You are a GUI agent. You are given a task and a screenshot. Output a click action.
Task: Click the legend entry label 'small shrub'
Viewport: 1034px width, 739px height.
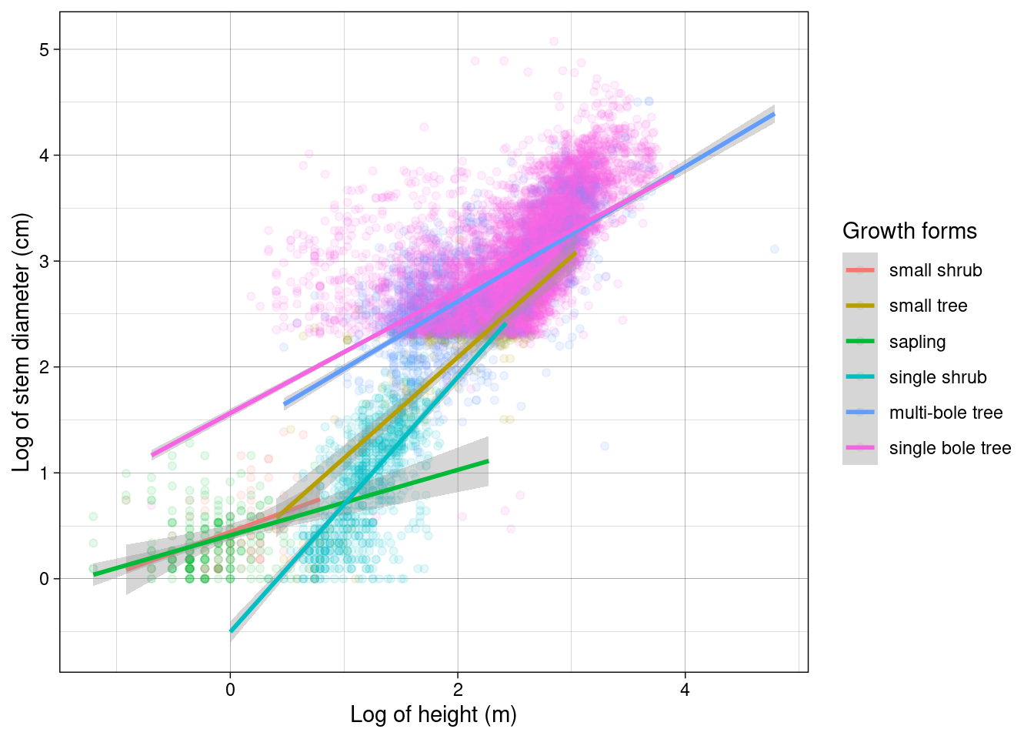pos(936,270)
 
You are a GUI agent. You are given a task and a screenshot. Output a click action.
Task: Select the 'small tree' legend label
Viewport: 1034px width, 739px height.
pos(928,306)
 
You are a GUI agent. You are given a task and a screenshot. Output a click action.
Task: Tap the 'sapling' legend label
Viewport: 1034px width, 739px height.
pos(917,342)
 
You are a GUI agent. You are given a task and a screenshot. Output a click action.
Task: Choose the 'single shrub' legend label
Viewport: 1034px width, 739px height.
pos(937,377)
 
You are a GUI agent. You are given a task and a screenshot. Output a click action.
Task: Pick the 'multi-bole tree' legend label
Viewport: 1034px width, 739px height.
pos(946,413)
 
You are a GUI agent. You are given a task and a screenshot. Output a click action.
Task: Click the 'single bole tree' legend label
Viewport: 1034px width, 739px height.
pos(949,448)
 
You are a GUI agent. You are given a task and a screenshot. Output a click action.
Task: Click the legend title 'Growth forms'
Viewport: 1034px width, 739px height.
pos(909,231)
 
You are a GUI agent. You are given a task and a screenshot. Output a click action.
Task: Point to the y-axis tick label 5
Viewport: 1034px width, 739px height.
pos(44,49)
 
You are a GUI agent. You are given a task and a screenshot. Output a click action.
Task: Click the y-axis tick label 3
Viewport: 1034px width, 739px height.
pos(44,261)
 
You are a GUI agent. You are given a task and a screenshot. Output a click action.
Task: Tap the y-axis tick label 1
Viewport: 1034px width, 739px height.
pos(44,473)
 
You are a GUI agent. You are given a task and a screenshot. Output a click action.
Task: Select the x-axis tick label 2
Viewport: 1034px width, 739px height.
pos(458,690)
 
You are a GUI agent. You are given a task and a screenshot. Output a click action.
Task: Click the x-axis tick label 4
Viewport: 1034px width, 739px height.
pos(685,690)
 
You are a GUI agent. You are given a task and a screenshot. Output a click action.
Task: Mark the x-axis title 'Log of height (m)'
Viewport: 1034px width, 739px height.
pos(433,714)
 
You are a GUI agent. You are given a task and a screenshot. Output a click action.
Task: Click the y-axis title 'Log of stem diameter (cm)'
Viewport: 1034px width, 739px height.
pos(22,342)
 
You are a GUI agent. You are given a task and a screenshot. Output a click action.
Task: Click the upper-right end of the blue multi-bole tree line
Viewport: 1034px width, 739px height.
pos(774,114)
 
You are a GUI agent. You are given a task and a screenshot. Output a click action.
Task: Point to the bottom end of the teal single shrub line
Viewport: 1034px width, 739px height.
pos(231,631)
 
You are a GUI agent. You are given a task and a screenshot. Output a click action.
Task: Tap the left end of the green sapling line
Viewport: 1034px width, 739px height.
pos(94,574)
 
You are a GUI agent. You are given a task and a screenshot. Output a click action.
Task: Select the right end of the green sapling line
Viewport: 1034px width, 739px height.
pos(489,461)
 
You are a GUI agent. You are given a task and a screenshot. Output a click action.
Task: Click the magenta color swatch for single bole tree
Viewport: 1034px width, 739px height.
pos(860,448)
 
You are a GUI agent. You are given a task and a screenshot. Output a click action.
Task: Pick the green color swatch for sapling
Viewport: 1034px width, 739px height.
pos(860,342)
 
